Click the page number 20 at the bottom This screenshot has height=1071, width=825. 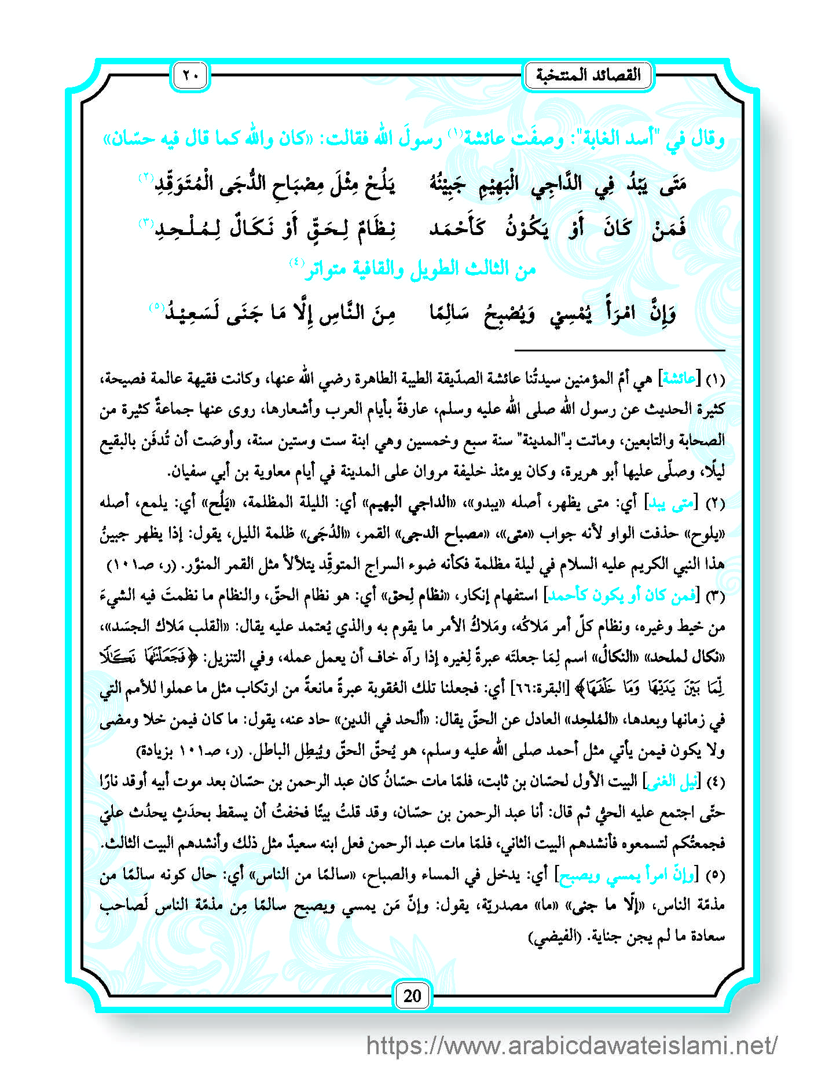coord(412,996)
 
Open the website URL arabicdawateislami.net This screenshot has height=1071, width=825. coord(571,1046)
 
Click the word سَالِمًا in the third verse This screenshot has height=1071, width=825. coord(449,313)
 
